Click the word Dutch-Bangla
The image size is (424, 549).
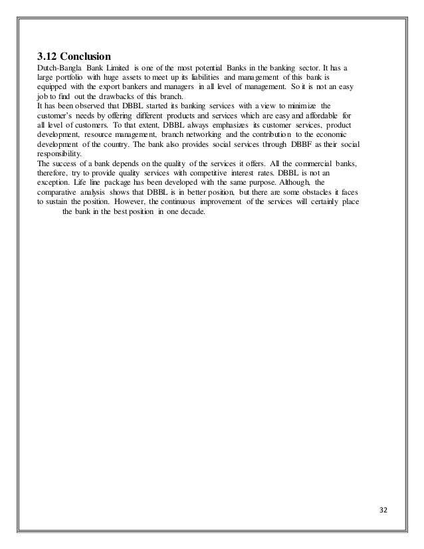click(x=58, y=68)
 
